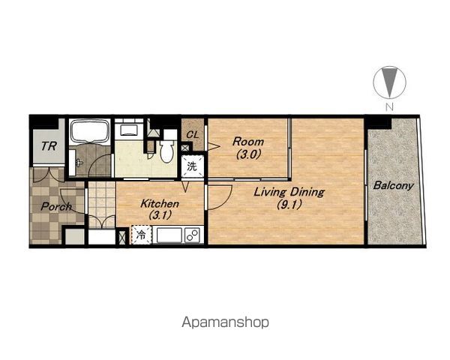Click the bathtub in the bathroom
90,131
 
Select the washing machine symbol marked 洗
193,166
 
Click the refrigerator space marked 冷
141,235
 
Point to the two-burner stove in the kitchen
193,235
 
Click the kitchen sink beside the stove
169,235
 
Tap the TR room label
49,146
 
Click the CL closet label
193,135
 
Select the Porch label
56,206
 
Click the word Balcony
393,185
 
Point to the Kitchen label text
160,203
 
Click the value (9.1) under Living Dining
289,205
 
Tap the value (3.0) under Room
248,155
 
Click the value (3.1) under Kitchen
160,215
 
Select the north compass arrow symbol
389,82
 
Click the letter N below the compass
389,107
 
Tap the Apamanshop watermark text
225,322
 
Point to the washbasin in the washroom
129,130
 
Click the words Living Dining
289,192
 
